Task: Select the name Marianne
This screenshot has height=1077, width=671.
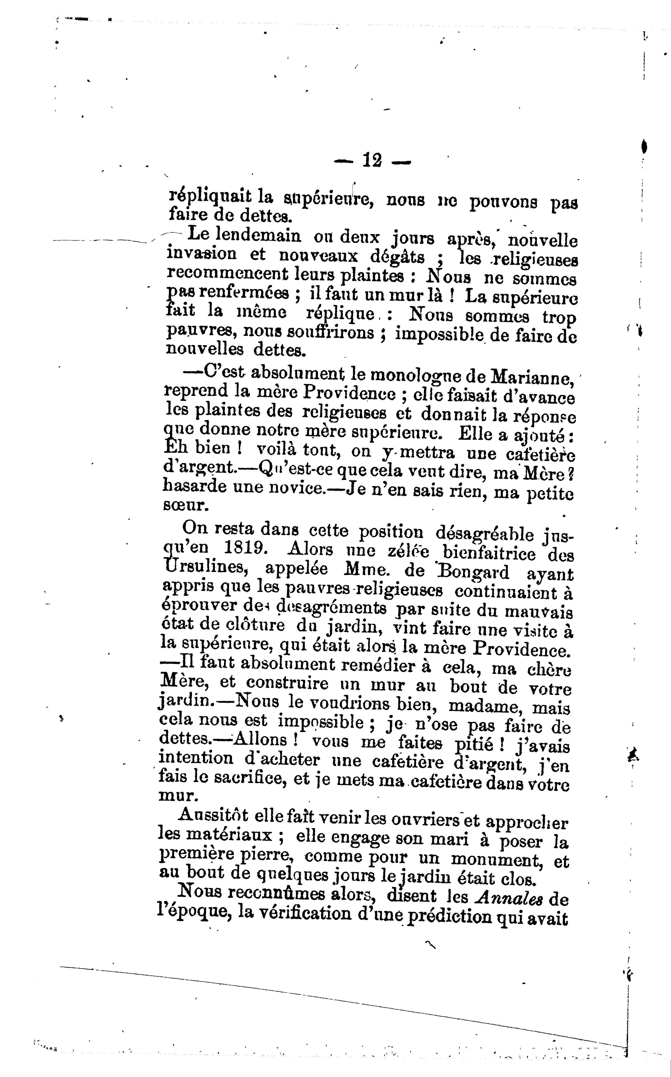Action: (x=530, y=378)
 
